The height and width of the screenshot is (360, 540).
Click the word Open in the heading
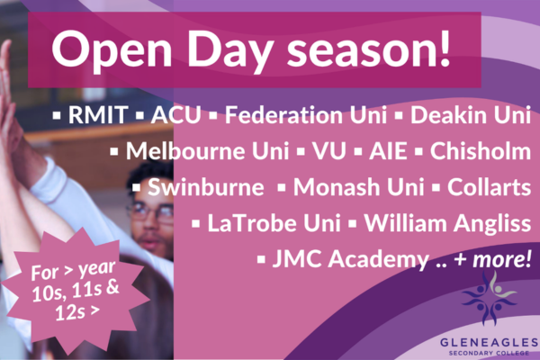112,49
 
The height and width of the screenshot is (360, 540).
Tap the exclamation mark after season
445,47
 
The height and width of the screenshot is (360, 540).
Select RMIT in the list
98,114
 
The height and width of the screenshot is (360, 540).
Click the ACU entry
176,114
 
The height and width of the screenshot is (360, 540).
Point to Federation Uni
306,114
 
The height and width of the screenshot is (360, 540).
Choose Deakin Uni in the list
471,114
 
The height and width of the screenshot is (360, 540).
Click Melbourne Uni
207,150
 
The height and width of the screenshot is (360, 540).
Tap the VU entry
329,151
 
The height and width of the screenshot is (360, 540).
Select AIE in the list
388,151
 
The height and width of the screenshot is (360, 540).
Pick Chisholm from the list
481,150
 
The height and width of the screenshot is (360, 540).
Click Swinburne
206,187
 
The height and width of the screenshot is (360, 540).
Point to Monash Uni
358,187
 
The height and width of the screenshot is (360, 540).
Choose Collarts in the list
489,187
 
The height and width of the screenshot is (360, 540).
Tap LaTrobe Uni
274,223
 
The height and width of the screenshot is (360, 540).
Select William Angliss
447,224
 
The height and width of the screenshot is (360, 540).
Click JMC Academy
351,259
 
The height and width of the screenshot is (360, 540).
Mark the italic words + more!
493,259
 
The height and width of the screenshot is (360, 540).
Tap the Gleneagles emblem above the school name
490,298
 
